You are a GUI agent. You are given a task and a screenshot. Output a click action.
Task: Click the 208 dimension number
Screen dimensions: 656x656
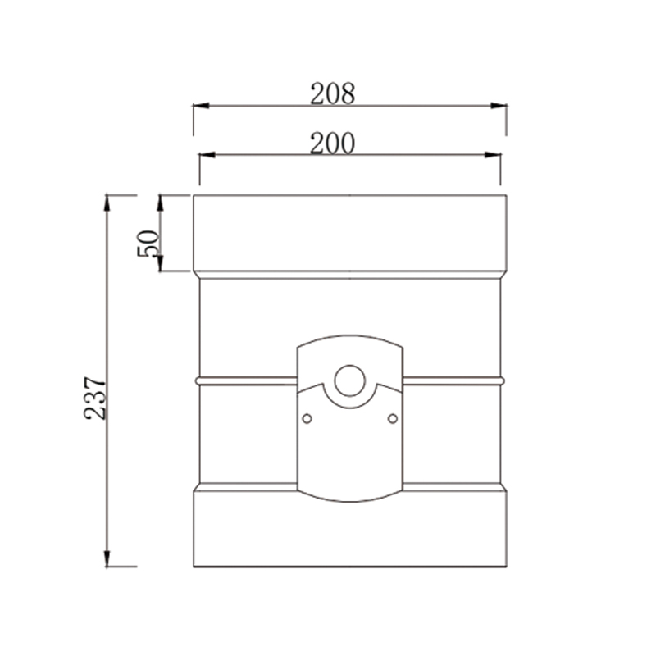tap(332, 94)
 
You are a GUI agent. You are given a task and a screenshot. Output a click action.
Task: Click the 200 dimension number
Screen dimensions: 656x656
tap(332, 143)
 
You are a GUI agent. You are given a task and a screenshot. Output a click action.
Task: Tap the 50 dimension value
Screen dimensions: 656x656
tap(148, 244)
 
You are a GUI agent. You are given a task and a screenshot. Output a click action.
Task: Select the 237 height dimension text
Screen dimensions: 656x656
tap(96, 398)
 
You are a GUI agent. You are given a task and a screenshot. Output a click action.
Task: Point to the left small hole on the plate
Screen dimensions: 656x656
tap(307, 419)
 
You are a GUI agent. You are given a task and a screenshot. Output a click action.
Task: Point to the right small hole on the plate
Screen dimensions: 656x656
tap(392, 419)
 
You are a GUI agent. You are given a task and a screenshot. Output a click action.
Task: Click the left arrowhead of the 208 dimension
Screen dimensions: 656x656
tap(199, 106)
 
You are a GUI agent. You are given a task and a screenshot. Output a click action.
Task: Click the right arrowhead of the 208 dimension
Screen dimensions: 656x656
tap(499, 106)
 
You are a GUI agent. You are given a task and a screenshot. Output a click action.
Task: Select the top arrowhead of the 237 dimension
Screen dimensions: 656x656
tap(107, 201)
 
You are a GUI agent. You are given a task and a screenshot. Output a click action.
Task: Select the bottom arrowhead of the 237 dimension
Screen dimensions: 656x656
tap(107, 560)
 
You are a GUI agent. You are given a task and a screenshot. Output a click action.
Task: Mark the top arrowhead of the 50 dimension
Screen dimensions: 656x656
tap(161, 201)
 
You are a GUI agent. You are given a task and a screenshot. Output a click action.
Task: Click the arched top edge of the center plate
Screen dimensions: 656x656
tap(349, 335)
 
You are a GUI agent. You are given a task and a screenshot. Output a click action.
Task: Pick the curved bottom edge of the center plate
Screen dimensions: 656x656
tap(349, 500)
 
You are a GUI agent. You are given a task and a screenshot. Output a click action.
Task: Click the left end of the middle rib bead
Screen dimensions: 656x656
tap(198, 380)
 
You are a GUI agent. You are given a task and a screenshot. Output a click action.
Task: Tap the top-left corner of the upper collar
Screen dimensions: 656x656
tap(194, 195)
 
